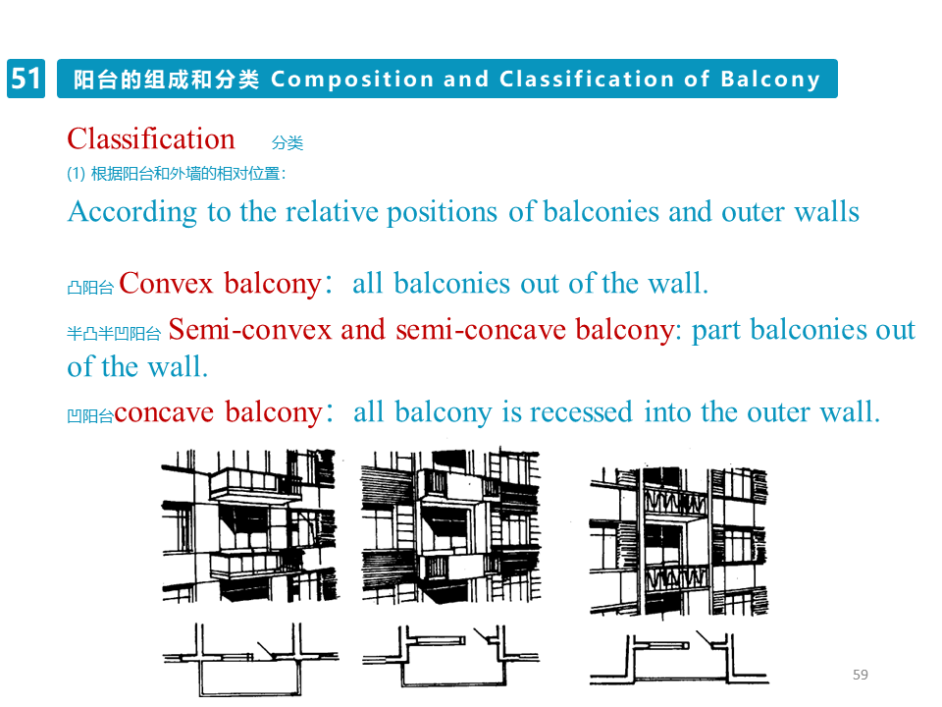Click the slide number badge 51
(26, 79)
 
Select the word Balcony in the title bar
(770, 80)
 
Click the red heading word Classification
(151, 138)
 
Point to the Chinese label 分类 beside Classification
(288, 143)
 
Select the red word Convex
(166, 284)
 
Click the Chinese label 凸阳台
(90, 288)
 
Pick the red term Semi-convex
(250, 330)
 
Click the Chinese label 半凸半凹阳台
(113, 334)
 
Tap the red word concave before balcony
(164, 412)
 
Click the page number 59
(861, 675)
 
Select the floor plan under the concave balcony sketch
(678, 658)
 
